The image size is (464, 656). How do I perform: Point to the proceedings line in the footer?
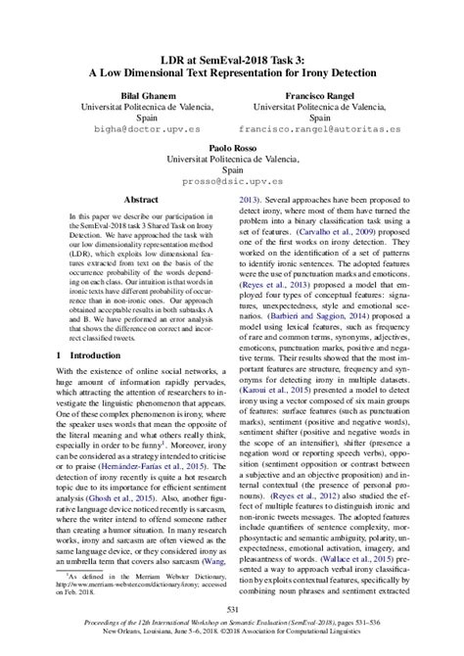click(232, 623)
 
